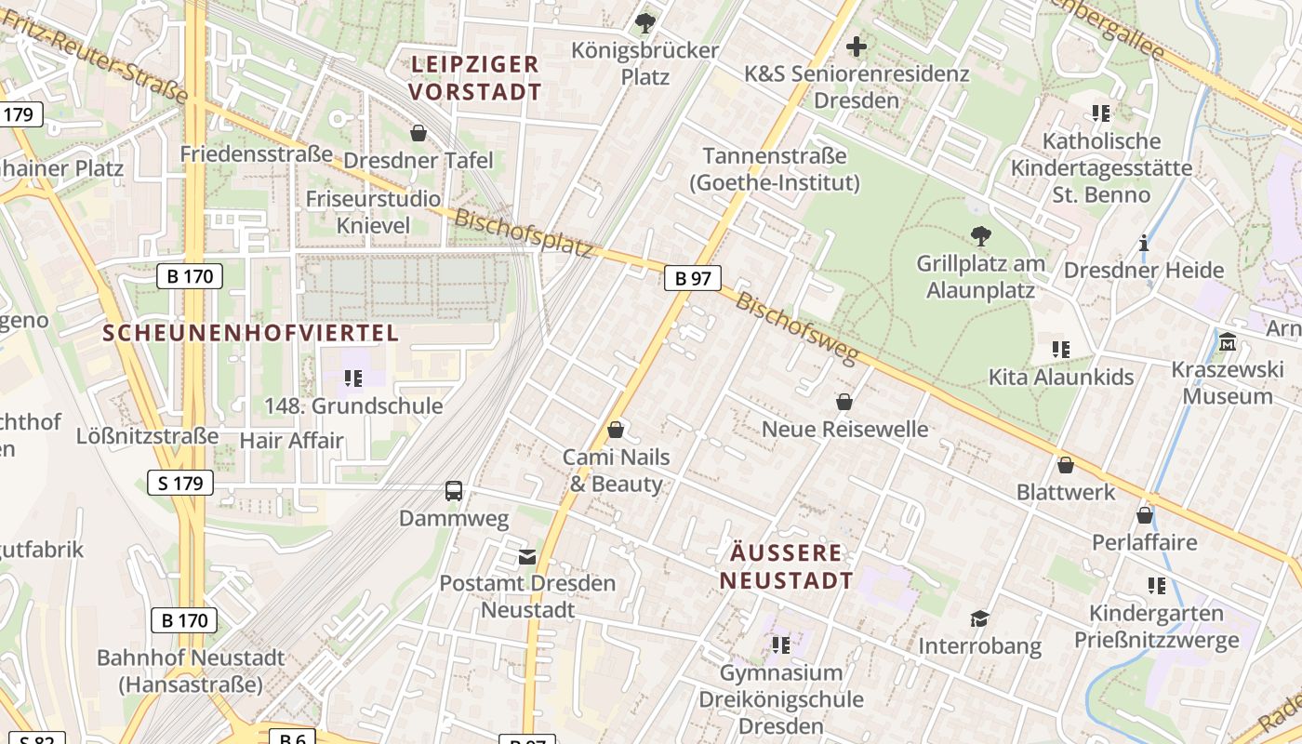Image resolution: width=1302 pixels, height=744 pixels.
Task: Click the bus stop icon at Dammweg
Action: pyautogui.click(x=454, y=491)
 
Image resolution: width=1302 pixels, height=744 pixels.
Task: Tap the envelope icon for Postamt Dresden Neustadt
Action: pyautogui.click(x=527, y=557)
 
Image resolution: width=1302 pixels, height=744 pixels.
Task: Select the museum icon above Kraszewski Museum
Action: pyautogui.click(x=1228, y=342)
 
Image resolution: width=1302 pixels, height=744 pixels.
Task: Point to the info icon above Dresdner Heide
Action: pyautogui.click(x=1144, y=244)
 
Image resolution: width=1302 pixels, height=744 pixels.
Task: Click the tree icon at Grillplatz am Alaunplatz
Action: pyautogui.click(x=980, y=235)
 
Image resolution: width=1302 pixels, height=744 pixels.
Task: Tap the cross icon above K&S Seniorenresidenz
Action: pyautogui.click(x=857, y=46)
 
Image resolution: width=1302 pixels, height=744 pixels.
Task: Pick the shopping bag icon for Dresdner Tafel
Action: pyautogui.click(x=418, y=133)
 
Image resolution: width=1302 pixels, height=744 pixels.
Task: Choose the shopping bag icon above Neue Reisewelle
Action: pyautogui.click(x=844, y=402)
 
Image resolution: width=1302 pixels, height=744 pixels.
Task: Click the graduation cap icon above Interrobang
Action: pyautogui.click(x=979, y=618)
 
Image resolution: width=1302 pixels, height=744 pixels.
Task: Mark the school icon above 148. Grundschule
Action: pyautogui.click(x=353, y=379)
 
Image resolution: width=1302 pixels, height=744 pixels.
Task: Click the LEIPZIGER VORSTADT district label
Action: pyautogui.click(x=474, y=78)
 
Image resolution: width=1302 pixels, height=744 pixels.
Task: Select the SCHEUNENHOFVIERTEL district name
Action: pyautogui.click(x=250, y=333)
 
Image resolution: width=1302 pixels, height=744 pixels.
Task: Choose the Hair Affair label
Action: pyautogui.click(x=291, y=440)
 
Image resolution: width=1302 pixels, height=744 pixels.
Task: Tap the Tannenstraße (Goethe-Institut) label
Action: pyautogui.click(x=775, y=169)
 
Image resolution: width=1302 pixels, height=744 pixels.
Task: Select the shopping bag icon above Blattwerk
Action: pyautogui.click(x=1066, y=464)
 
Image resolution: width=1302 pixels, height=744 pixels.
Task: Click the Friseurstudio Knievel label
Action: pyautogui.click(x=373, y=212)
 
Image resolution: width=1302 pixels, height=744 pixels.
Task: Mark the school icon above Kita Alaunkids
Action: pyautogui.click(x=1060, y=350)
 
